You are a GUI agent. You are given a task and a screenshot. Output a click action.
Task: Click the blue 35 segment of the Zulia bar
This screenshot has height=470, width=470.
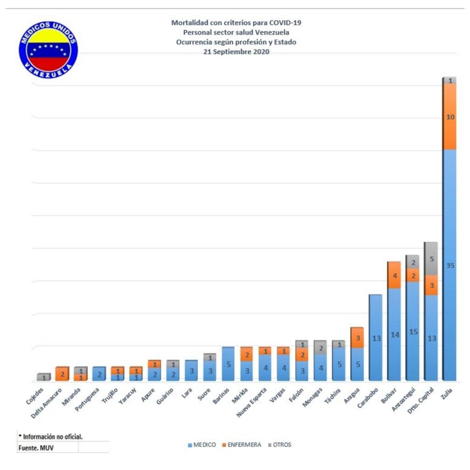[450, 265]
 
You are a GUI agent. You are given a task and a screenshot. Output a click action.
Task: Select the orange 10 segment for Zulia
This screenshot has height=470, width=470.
[450, 117]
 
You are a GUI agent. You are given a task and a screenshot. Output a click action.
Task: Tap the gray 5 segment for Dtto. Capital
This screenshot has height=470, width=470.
[431, 258]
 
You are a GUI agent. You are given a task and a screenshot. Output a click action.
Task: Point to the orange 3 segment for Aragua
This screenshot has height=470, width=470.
[358, 338]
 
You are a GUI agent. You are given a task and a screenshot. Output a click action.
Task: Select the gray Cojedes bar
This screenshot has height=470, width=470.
[44, 377]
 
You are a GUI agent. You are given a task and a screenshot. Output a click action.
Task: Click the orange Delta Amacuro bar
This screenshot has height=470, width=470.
[62, 374]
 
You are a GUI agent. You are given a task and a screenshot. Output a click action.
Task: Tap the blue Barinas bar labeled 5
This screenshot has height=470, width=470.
[228, 364]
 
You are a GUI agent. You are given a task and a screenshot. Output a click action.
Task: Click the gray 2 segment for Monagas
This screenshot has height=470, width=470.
[320, 348]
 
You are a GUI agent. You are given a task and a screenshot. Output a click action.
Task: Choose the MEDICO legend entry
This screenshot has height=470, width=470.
[202, 445]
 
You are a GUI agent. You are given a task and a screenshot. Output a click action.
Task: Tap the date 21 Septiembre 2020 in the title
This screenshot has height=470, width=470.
[236, 52]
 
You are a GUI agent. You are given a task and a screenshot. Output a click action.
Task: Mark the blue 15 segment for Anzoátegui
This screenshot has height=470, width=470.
[413, 331]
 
